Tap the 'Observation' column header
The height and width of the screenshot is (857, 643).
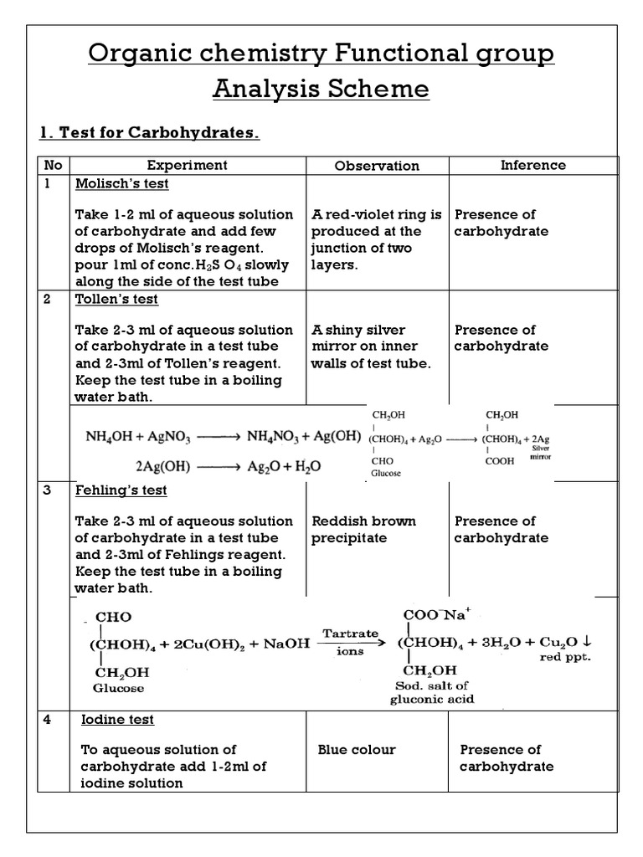pos(377,166)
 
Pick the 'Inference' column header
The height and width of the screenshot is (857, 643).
pos(532,165)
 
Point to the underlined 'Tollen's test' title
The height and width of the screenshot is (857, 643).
pos(116,299)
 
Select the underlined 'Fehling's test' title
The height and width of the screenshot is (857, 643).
pos(121,490)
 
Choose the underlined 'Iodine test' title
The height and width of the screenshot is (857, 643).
pos(117,720)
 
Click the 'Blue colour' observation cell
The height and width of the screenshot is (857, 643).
pos(357,750)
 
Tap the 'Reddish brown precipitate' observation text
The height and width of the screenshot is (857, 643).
pos(363,530)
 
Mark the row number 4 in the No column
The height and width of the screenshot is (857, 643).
pos(48,720)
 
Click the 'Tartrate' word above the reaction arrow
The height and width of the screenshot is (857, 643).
pos(351,634)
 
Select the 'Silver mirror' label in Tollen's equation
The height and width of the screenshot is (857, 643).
pos(540,453)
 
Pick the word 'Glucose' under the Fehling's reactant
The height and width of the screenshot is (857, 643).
pos(118,688)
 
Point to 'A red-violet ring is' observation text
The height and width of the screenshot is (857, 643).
pos(376,214)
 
